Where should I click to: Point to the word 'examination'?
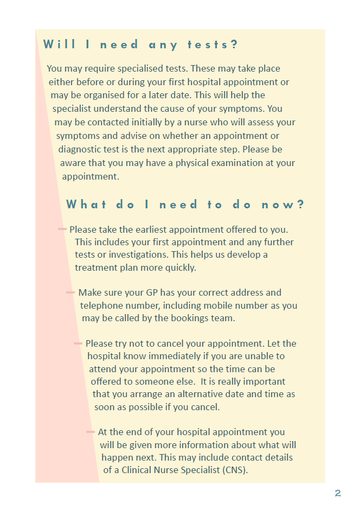click(x=223, y=163)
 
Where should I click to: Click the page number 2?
click(x=338, y=493)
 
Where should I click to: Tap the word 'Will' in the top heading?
click(x=60, y=44)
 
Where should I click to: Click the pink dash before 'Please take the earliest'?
click(x=62, y=229)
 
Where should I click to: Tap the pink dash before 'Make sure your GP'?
click(x=70, y=292)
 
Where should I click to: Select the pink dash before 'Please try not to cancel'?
click(x=78, y=343)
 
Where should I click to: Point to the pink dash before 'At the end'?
click(x=91, y=432)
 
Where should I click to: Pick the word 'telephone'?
click(x=101, y=305)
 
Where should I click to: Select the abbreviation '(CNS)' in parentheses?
click(x=234, y=470)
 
